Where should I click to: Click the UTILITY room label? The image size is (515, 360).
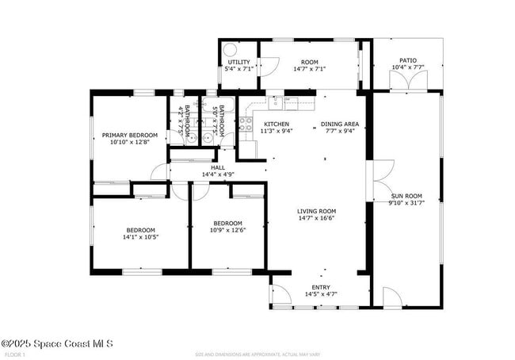[x=238, y=61]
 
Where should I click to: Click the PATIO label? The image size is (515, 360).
[x=407, y=60]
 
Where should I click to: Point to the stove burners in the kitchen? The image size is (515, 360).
[x=246, y=124]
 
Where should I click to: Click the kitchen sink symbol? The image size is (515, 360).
[x=275, y=101]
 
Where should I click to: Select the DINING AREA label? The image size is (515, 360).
[x=340, y=124]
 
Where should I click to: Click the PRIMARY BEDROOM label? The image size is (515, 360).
[x=129, y=136]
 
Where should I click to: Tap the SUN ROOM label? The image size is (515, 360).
[x=406, y=195]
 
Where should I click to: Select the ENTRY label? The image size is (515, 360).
[x=321, y=287]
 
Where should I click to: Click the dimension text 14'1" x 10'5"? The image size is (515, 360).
[x=140, y=236]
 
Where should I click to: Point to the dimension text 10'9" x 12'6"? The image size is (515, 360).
[x=227, y=231]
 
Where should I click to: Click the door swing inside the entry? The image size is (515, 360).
[x=279, y=294]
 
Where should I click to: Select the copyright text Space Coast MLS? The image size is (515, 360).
[x=57, y=343]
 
